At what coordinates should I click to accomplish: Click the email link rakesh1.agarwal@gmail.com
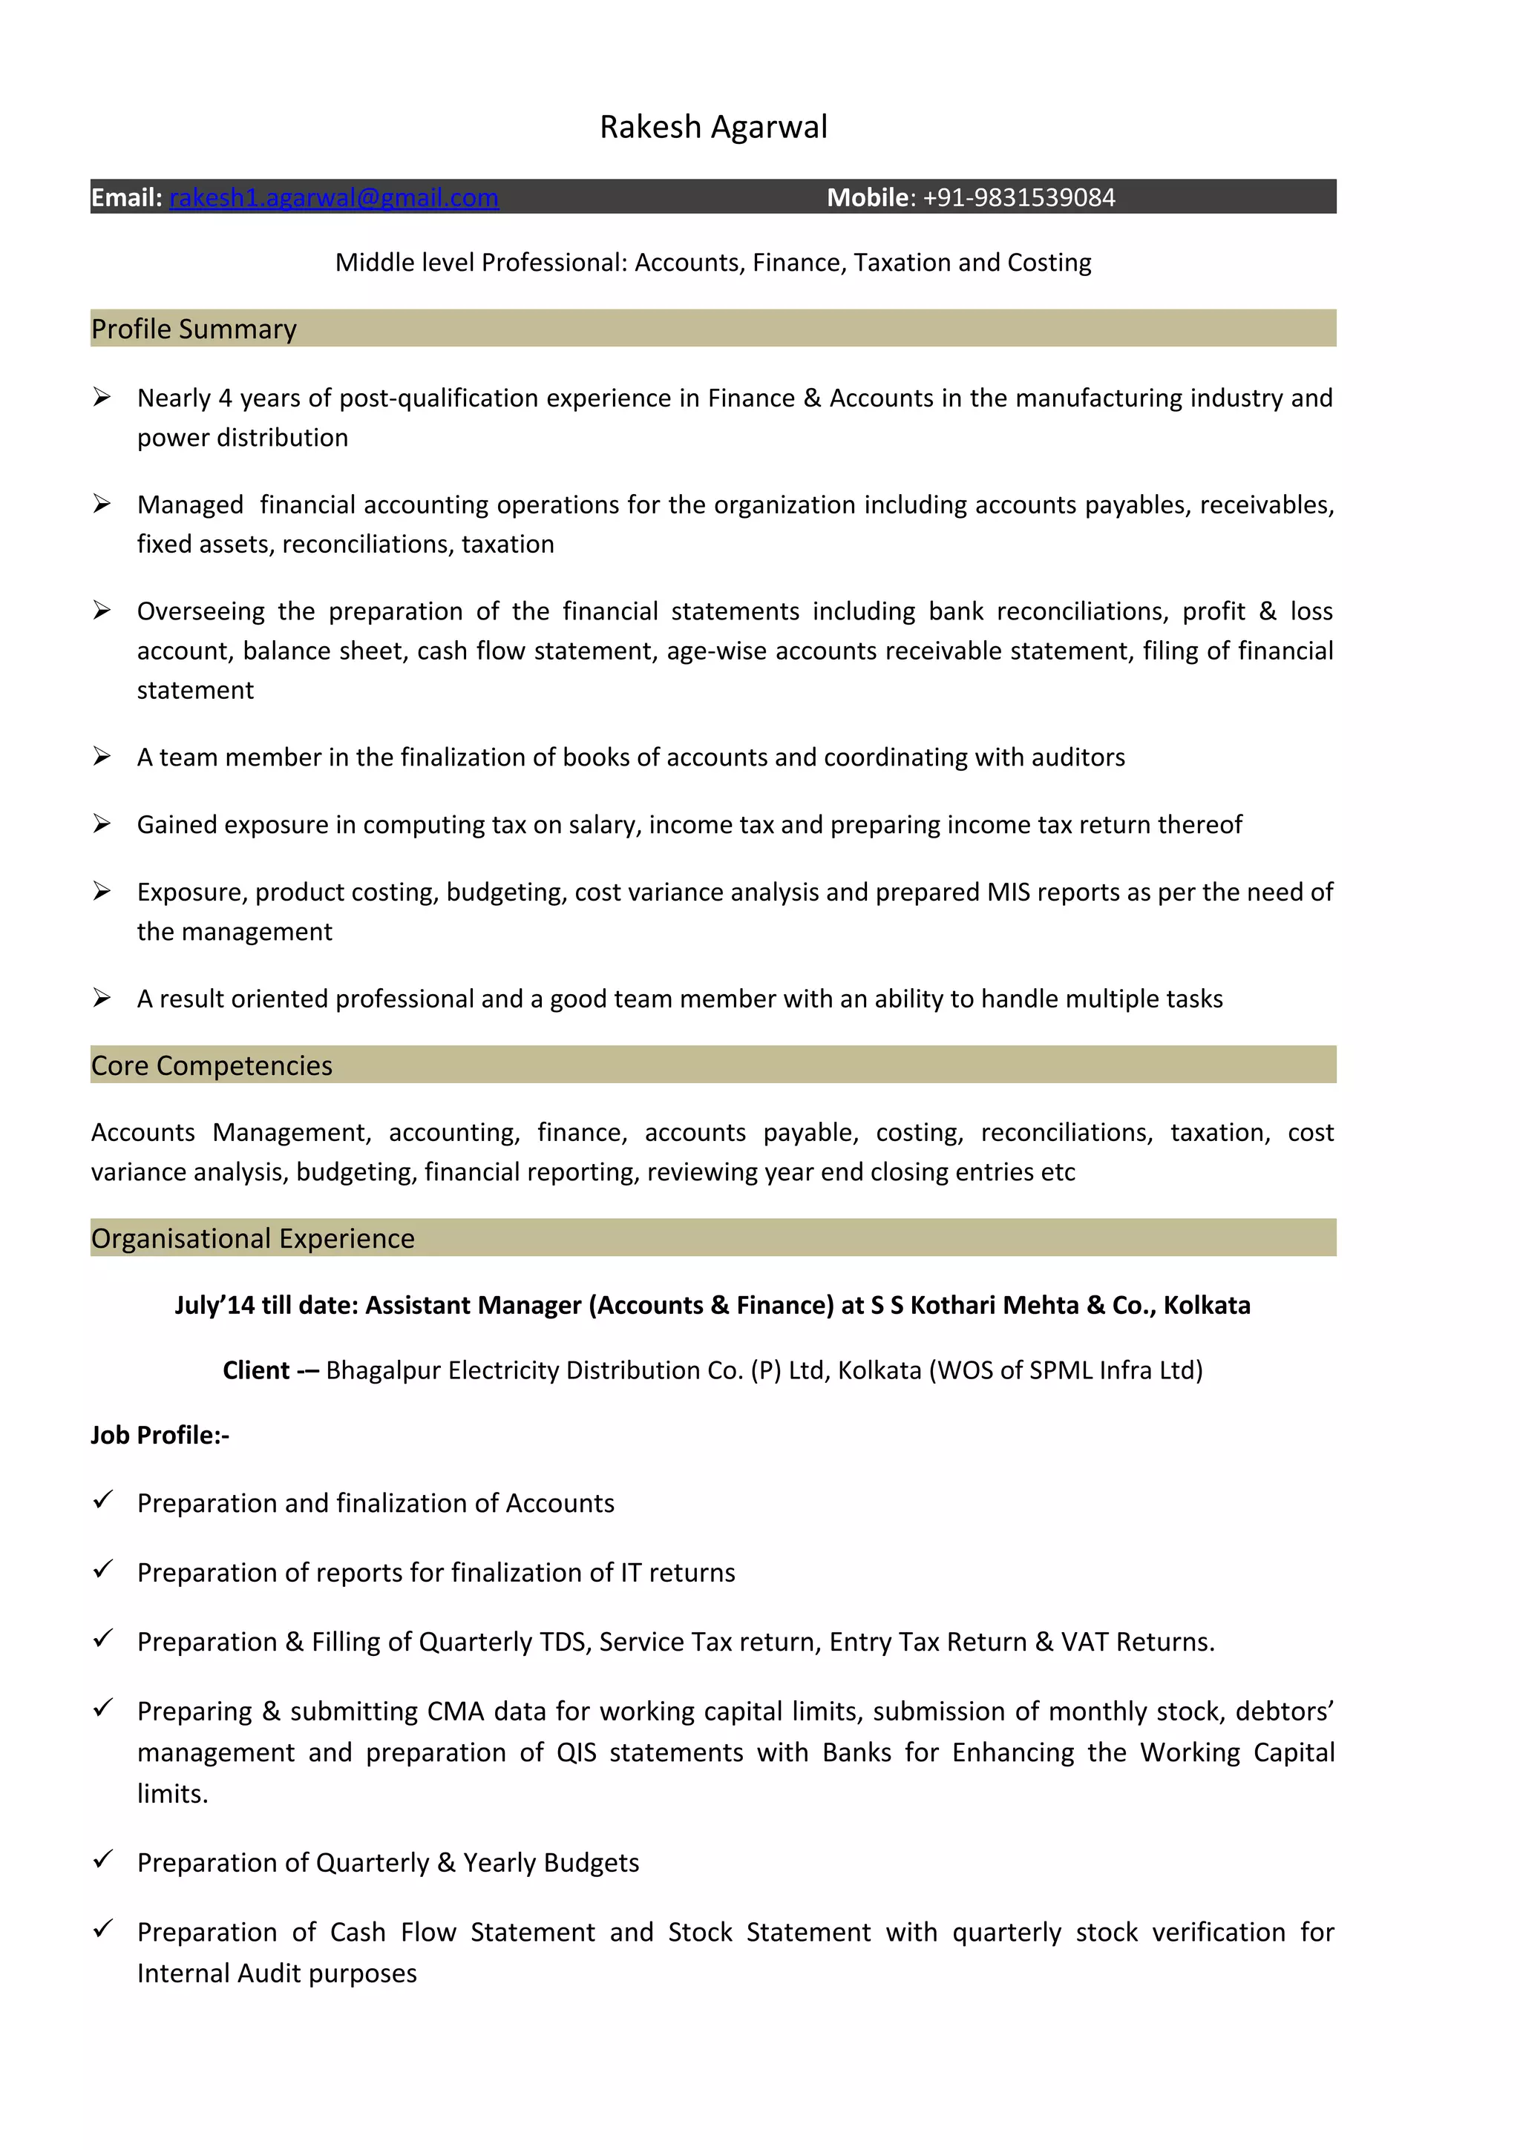(333, 197)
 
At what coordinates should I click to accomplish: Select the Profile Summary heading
(194, 329)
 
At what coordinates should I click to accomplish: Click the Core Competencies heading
(212, 1065)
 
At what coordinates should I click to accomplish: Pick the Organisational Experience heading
(253, 1238)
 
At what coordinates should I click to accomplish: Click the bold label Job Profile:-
(160, 1435)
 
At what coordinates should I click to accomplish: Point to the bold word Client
(255, 1370)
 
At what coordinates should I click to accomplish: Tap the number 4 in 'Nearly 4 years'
(225, 398)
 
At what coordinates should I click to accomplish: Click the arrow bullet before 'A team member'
(102, 756)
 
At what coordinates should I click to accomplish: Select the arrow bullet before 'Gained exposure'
(102, 823)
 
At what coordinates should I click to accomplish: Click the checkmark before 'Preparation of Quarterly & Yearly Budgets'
(103, 1858)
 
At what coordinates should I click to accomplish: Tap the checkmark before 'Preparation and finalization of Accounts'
(103, 1499)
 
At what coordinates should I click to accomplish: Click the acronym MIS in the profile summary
(1008, 892)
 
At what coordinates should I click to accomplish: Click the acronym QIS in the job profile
(576, 1752)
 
